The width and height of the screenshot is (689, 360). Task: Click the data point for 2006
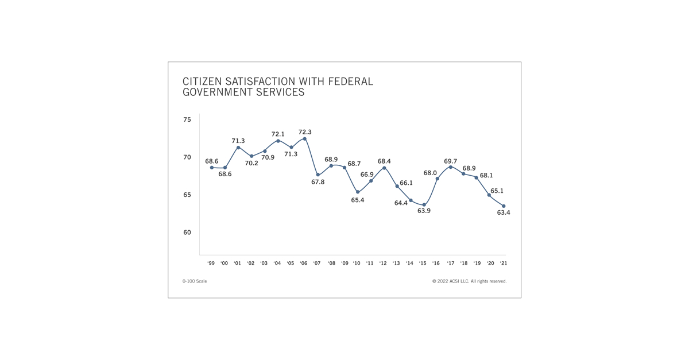304,138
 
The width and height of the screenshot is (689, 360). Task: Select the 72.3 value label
305,132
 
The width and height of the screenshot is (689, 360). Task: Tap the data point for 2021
504,206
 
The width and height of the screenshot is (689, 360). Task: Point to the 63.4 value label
504,212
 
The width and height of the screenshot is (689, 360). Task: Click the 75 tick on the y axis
187,120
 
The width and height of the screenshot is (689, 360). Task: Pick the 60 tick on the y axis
187,233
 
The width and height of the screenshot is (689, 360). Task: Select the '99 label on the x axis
211,264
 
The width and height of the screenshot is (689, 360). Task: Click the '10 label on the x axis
357,264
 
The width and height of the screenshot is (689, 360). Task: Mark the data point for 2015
424,205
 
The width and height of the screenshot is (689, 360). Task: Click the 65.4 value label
358,200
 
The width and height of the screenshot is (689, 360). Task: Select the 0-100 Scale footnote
195,281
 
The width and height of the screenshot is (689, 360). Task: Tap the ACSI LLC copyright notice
469,281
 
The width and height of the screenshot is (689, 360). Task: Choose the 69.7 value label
451,161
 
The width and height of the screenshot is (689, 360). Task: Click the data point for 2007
318,175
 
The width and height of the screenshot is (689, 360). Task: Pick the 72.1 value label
278,134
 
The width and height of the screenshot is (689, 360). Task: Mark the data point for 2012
384,168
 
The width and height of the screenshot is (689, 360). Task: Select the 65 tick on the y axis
187,195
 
